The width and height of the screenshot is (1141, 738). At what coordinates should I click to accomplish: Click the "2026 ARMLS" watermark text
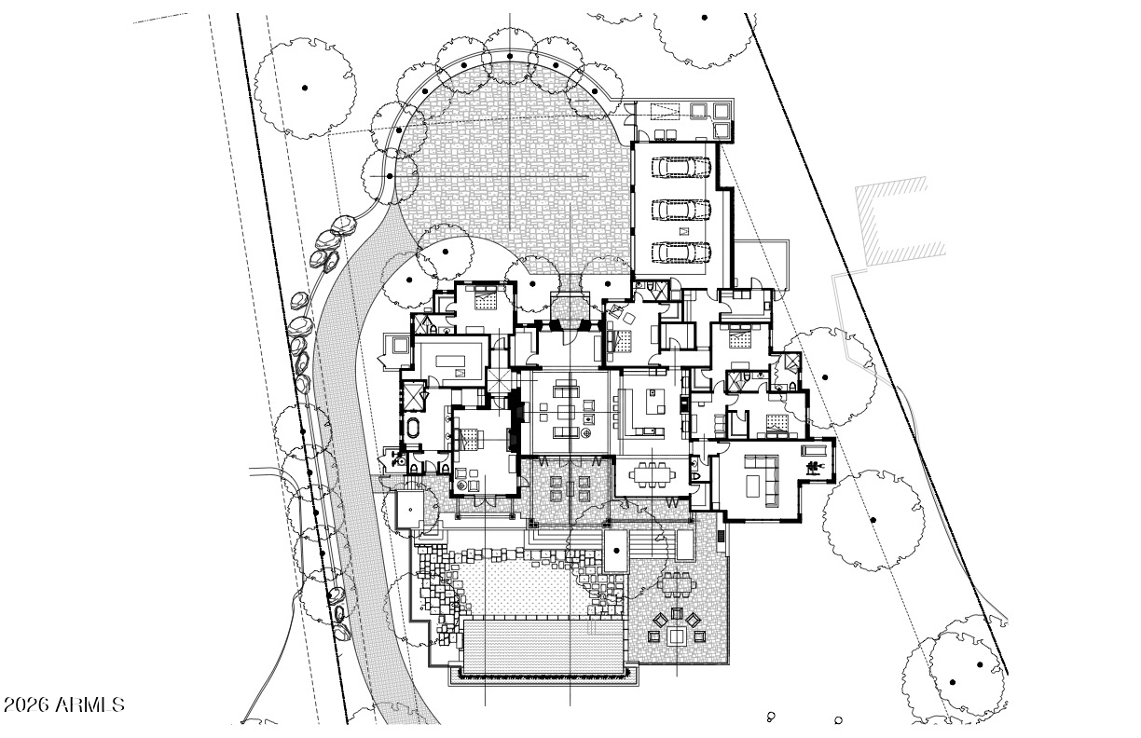point(63,704)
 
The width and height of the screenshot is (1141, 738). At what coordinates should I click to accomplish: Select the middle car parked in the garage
point(681,209)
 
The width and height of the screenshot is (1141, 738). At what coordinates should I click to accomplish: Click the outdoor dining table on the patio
point(676,584)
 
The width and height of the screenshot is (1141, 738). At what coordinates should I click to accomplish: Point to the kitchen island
point(656,402)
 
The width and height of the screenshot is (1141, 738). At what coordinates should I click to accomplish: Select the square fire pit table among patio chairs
point(677,636)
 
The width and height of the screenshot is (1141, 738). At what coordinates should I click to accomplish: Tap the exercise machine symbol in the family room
point(812,467)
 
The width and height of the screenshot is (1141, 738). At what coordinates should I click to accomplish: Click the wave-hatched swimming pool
point(543,647)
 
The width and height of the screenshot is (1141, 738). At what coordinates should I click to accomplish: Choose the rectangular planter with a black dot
point(616,551)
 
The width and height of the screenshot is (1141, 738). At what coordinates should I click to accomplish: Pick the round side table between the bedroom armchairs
point(463,485)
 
